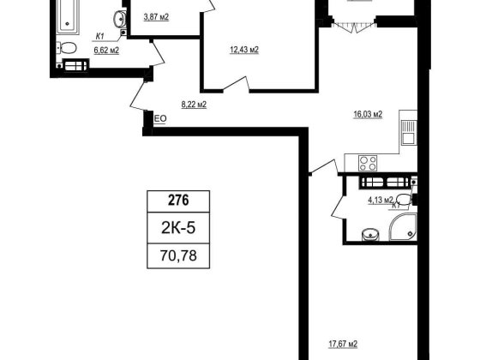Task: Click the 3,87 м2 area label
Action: click(x=156, y=17)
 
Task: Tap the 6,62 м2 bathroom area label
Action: click(x=106, y=51)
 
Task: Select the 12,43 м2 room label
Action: click(x=244, y=50)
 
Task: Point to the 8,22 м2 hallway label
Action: click(x=194, y=105)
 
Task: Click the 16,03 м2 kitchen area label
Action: click(x=368, y=115)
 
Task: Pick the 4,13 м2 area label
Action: click(x=381, y=201)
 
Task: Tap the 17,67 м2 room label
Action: click(x=343, y=344)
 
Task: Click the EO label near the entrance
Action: click(x=159, y=119)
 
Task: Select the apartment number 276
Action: click(x=178, y=201)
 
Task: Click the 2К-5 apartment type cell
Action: click(x=178, y=228)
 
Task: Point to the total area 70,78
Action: click(x=178, y=255)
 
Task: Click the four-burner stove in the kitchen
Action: click(x=368, y=163)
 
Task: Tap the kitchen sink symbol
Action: click(x=408, y=132)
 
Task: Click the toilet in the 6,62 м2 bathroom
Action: click(x=67, y=48)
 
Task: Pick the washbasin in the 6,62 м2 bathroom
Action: click(x=119, y=18)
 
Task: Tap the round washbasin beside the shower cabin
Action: click(x=370, y=235)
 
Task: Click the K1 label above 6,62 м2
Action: click(x=99, y=36)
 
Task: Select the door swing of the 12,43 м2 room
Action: click(x=237, y=84)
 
